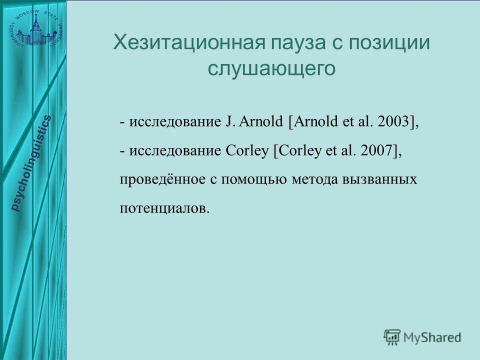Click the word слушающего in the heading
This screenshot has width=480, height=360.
271,69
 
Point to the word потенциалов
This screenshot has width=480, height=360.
163,208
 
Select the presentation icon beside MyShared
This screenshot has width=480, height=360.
392,337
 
